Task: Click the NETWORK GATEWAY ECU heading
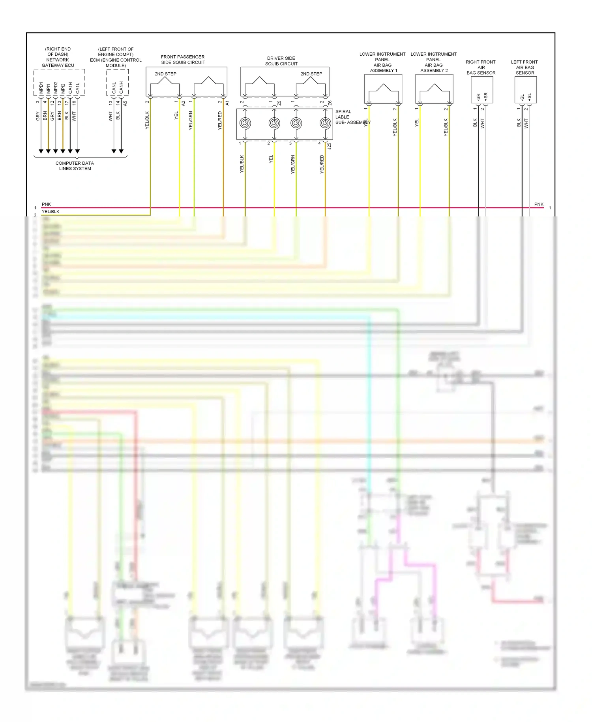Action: click(58, 57)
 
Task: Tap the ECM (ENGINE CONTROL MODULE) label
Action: click(116, 57)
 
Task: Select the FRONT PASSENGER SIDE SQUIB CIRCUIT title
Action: click(183, 60)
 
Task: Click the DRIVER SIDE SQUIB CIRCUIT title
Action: click(281, 61)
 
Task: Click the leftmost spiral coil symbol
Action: click(245, 123)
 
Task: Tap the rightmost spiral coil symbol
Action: click(325, 123)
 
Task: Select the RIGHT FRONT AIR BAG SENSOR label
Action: click(481, 67)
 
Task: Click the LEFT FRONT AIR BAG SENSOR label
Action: click(525, 67)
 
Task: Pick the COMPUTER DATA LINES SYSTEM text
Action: click(75, 166)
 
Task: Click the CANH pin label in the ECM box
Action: click(121, 88)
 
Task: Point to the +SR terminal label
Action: click(486, 96)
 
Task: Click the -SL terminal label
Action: click(522, 97)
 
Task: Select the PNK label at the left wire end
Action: click(46, 204)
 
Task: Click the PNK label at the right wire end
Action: click(539, 204)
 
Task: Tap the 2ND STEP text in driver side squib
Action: click(311, 74)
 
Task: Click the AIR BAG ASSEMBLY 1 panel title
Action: click(382, 62)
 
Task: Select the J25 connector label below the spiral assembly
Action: click(329, 146)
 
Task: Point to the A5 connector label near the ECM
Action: click(125, 103)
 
